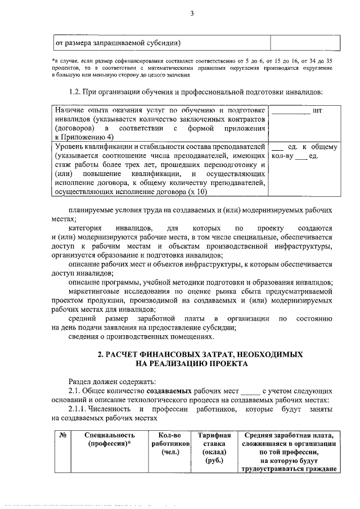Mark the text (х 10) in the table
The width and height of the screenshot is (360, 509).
point(198,191)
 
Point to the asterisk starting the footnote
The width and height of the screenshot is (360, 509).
point(52,59)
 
